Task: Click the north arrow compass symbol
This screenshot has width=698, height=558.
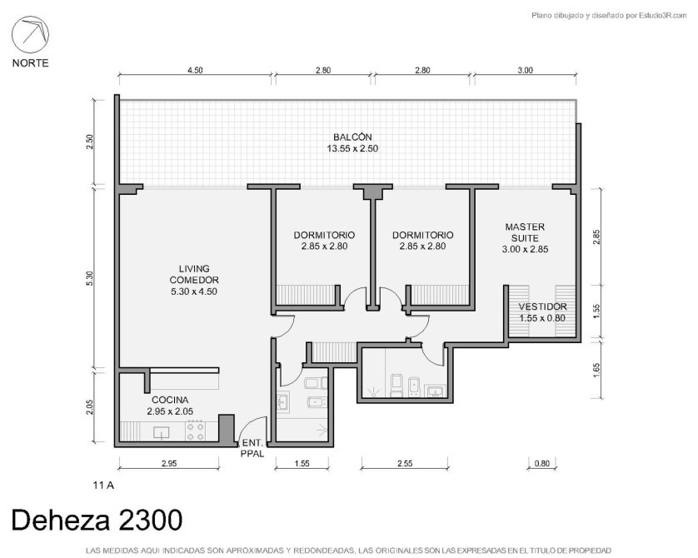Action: pyautogui.click(x=30, y=34)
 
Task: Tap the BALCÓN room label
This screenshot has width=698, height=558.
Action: pyautogui.click(x=352, y=137)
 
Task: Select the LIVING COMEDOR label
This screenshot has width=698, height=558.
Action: pyautogui.click(x=194, y=275)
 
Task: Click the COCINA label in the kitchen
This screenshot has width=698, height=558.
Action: pyautogui.click(x=170, y=400)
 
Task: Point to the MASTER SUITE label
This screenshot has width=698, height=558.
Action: pyautogui.click(x=525, y=232)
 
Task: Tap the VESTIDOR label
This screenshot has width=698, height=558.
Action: pyautogui.click(x=542, y=306)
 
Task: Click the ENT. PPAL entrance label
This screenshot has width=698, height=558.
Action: pyautogui.click(x=252, y=449)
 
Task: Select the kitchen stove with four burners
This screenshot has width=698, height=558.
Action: pyautogui.click(x=196, y=431)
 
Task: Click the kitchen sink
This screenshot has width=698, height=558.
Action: pyautogui.click(x=161, y=432)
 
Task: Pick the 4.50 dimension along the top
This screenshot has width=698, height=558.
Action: pyautogui.click(x=195, y=70)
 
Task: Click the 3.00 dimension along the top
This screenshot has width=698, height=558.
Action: pyautogui.click(x=526, y=70)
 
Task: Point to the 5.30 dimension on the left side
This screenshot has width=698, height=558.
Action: pyautogui.click(x=90, y=278)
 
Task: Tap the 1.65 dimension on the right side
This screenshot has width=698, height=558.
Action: pyautogui.click(x=597, y=370)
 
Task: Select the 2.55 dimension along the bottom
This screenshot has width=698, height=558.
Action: pyautogui.click(x=405, y=463)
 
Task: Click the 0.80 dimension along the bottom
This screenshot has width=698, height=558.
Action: pyautogui.click(x=541, y=463)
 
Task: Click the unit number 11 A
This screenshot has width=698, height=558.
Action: pyautogui.click(x=103, y=485)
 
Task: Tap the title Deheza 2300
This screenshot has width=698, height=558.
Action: pyautogui.click(x=97, y=520)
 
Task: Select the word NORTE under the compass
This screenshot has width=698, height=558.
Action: pyautogui.click(x=30, y=63)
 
